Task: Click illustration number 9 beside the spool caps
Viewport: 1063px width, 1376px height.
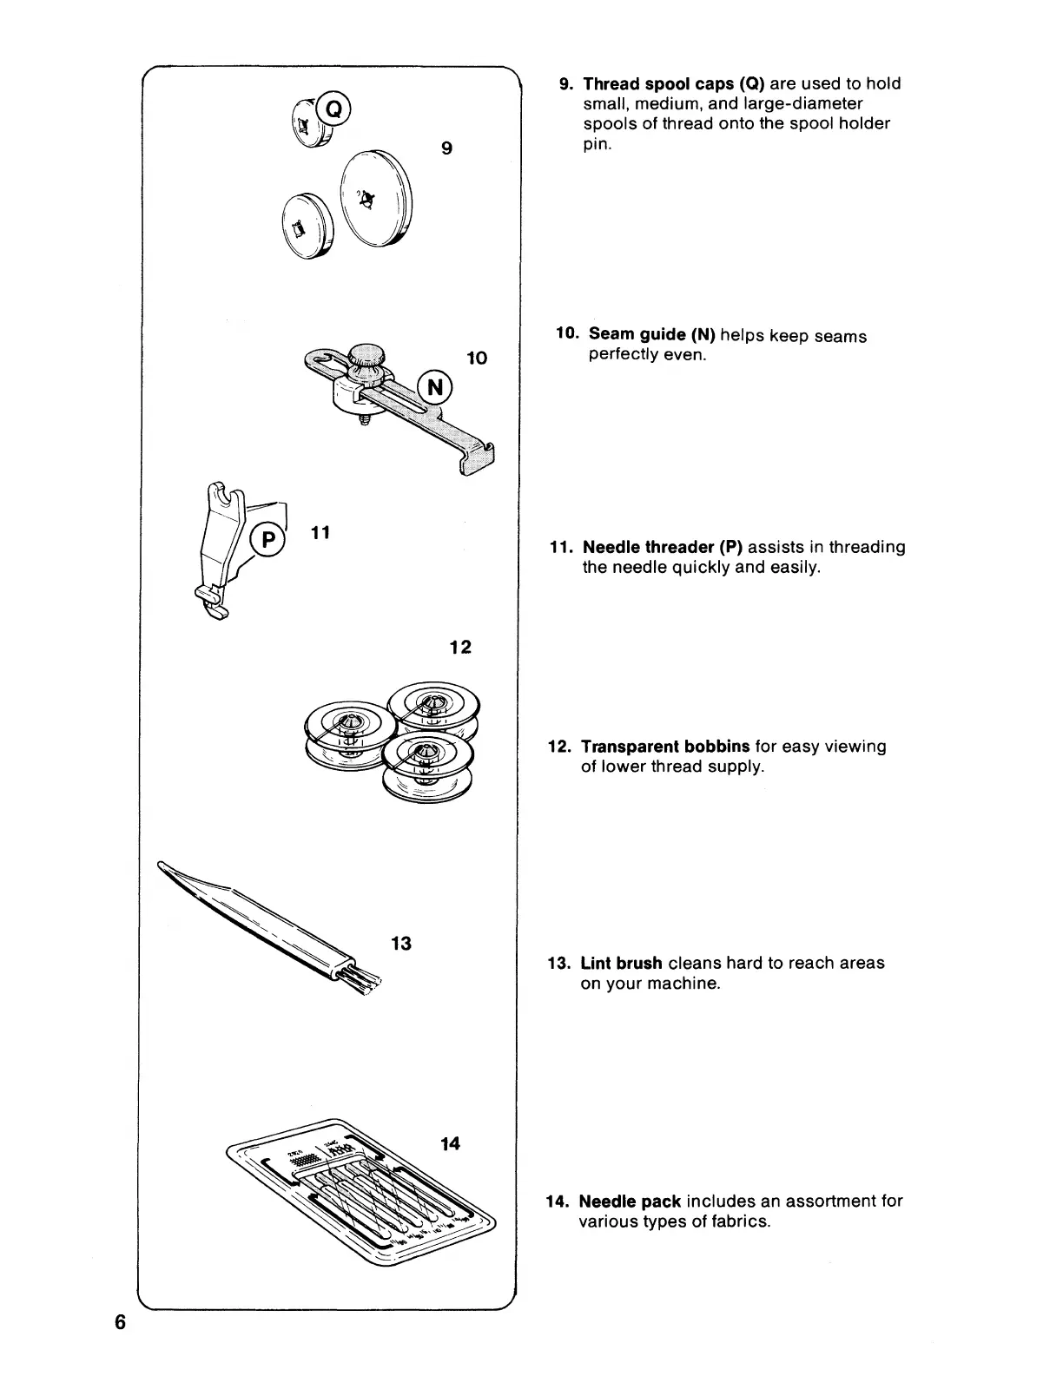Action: (x=446, y=148)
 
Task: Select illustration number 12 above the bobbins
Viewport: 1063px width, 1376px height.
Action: (x=460, y=647)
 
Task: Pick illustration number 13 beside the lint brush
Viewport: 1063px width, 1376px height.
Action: (x=400, y=943)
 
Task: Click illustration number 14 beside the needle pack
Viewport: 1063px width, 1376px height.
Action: (x=450, y=1143)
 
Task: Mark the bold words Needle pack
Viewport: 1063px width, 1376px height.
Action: (x=629, y=1202)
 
